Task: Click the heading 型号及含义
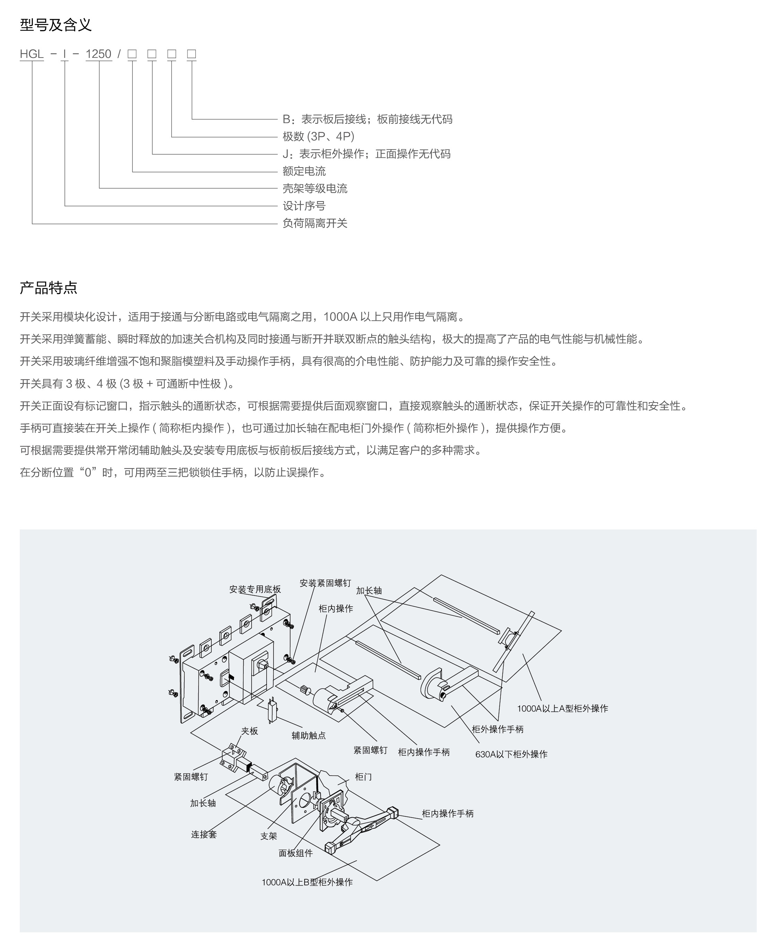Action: (x=56, y=25)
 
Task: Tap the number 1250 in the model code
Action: (x=98, y=54)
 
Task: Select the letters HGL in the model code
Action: (x=32, y=54)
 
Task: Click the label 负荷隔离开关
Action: (x=315, y=223)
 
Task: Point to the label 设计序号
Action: (x=304, y=206)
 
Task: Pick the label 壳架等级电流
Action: (x=315, y=188)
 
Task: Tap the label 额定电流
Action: (x=304, y=171)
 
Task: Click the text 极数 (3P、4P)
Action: (x=318, y=136)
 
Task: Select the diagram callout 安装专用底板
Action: (x=255, y=589)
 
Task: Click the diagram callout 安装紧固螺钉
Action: (x=325, y=583)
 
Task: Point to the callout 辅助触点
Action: (x=308, y=735)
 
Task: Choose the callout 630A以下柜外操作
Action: (x=511, y=754)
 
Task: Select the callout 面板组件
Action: (x=296, y=853)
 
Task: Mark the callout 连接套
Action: (x=204, y=835)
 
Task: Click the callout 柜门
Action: (x=363, y=777)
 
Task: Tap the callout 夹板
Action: (x=250, y=731)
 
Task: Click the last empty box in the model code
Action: (x=192, y=54)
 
